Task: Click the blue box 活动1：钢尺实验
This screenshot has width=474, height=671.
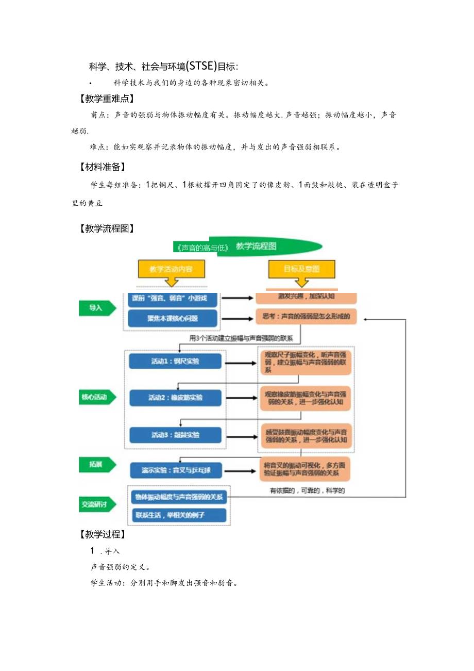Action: (175, 361)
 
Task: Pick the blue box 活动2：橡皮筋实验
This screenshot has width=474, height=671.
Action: (175, 398)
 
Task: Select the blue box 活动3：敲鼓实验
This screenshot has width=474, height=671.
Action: (175, 435)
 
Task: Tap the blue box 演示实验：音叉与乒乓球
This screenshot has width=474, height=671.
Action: (175, 470)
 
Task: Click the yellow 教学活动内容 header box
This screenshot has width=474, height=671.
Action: (172, 269)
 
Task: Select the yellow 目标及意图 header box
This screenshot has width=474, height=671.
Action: (301, 269)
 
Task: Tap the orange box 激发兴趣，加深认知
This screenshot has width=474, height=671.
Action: (306, 298)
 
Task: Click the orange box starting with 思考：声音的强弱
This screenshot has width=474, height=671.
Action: (306, 317)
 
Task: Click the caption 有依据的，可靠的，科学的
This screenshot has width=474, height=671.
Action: (307, 491)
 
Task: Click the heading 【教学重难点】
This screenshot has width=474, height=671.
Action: (104, 98)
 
